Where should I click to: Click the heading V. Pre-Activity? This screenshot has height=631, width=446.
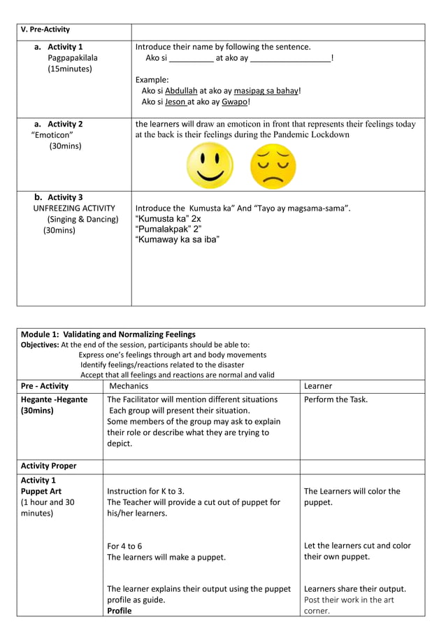click(45, 29)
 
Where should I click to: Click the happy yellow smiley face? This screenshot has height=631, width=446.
click(210, 166)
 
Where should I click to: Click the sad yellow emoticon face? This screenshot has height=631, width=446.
click(273, 167)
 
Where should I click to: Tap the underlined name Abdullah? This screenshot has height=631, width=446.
click(181, 91)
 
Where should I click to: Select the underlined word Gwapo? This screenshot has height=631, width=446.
click(234, 102)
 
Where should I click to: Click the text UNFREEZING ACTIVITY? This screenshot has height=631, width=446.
click(74, 208)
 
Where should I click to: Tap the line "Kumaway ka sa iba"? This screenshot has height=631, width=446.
click(177, 240)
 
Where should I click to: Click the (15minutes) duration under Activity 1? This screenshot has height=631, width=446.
click(70, 69)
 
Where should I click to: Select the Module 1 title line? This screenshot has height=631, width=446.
click(108, 334)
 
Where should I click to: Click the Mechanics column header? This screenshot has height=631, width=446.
click(129, 386)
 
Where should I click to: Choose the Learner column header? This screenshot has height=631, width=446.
click(318, 386)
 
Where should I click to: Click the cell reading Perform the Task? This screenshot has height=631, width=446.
click(336, 399)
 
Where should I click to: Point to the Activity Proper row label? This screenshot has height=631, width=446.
click(49, 466)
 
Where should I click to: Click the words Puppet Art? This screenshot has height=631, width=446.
click(41, 491)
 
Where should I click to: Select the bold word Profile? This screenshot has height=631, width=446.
click(119, 611)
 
